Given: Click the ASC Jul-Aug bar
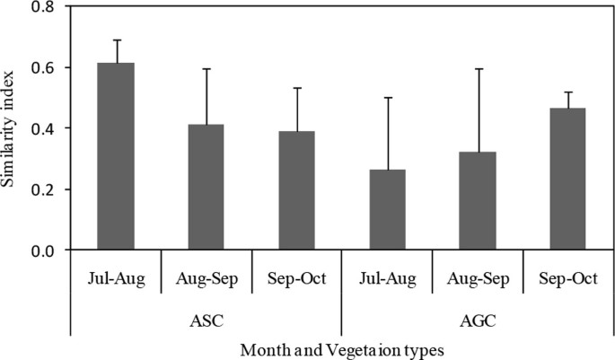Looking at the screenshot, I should [x=116, y=157].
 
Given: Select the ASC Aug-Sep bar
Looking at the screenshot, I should [x=206, y=188].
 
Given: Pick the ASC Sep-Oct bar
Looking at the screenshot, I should [x=296, y=191].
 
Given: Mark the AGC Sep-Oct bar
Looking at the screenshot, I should [x=567, y=180].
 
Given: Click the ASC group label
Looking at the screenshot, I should [x=206, y=319].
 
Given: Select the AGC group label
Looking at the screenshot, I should [x=477, y=319].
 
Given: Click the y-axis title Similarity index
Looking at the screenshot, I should [x=12, y=126].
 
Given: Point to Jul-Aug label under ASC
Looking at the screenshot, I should [x=116, y=279].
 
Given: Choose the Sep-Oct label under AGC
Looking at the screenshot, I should [x=567, y=279].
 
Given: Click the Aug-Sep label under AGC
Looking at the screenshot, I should [x=477, y=279].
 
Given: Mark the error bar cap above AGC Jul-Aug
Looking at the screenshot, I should [x=387, y=98].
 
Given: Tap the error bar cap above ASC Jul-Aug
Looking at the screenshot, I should [x=116, y=40].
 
